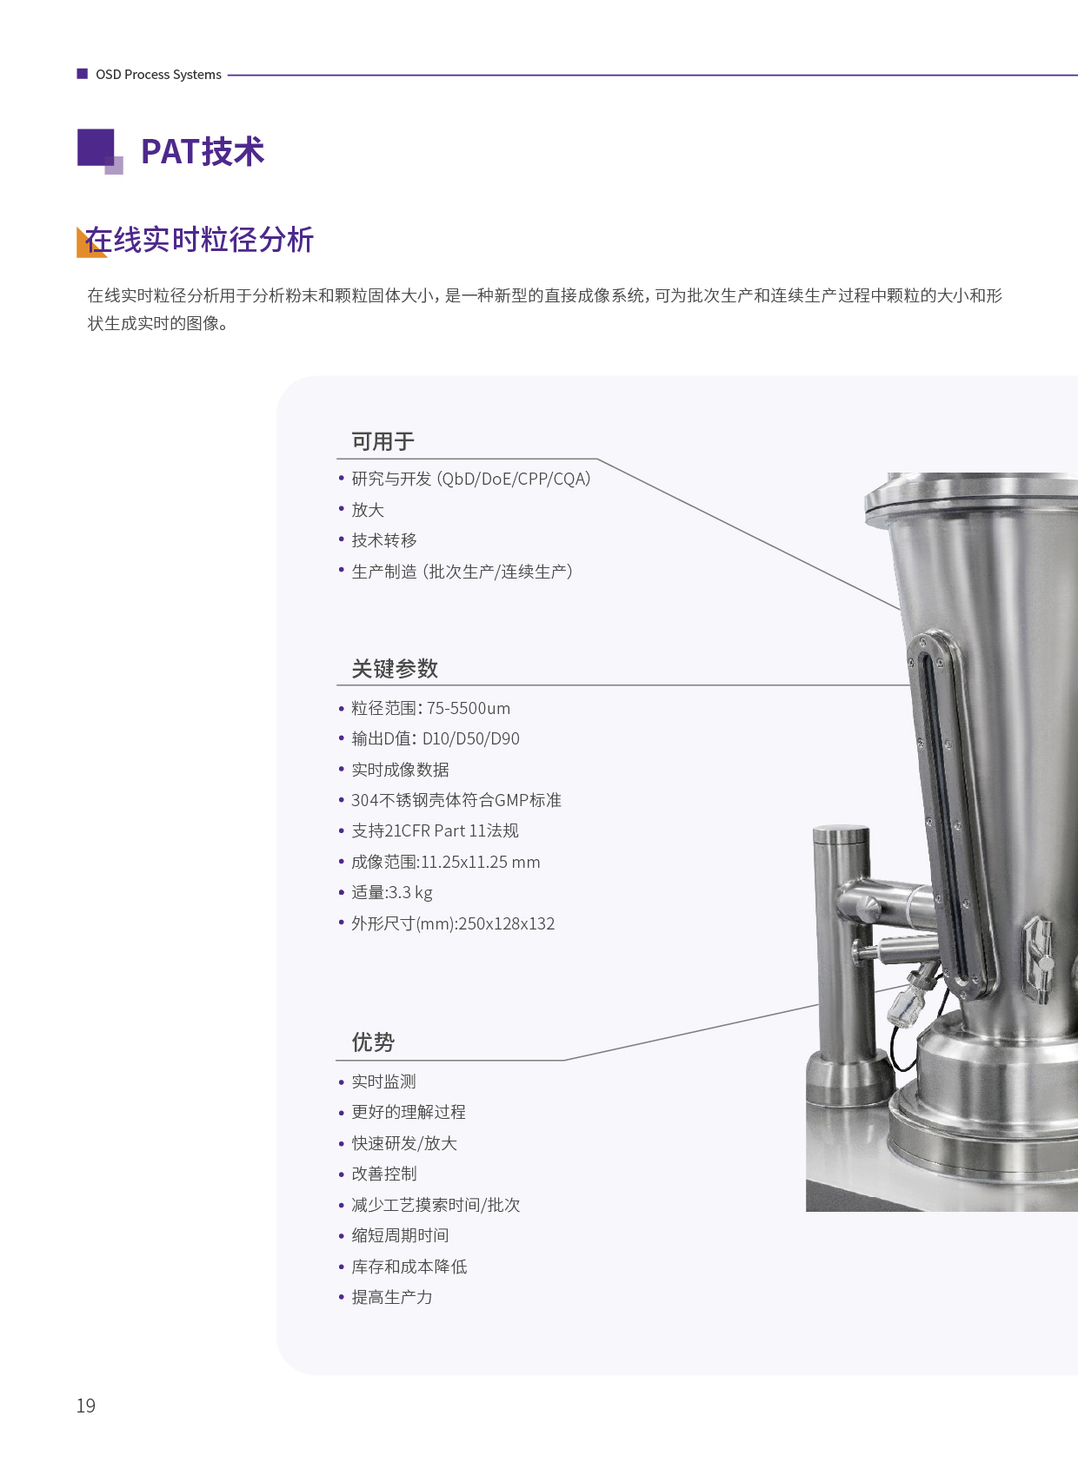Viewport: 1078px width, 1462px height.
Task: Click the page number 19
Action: point(85,1406)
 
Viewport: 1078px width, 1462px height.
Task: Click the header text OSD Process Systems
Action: point(159,75)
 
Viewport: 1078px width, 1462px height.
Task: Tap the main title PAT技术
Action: point(203,151)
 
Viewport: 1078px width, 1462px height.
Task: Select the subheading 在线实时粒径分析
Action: point(199,240)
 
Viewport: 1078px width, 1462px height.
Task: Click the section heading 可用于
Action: point(383,441)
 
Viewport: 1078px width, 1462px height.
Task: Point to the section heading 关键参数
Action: point(395,668)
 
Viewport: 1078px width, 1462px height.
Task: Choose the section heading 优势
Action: point(373,1042)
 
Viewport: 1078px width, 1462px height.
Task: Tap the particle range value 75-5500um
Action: point(469,708)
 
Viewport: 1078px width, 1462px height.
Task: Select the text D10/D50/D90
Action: point(471,739)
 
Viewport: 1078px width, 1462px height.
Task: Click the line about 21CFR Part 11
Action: point(436,830)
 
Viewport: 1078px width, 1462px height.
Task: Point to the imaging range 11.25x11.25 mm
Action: point(480,863)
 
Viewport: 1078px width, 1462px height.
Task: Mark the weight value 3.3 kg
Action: point(410,893)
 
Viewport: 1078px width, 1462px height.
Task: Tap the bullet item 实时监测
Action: point(383,1082)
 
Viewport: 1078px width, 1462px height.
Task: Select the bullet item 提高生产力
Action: point(392,1297)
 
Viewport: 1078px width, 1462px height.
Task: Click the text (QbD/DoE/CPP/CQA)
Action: point(514,479)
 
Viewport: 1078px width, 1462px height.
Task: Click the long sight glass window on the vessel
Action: point(950,810)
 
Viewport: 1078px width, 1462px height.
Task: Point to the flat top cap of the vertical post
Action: point(841,831)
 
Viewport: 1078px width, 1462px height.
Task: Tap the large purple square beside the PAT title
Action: point(96,147)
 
